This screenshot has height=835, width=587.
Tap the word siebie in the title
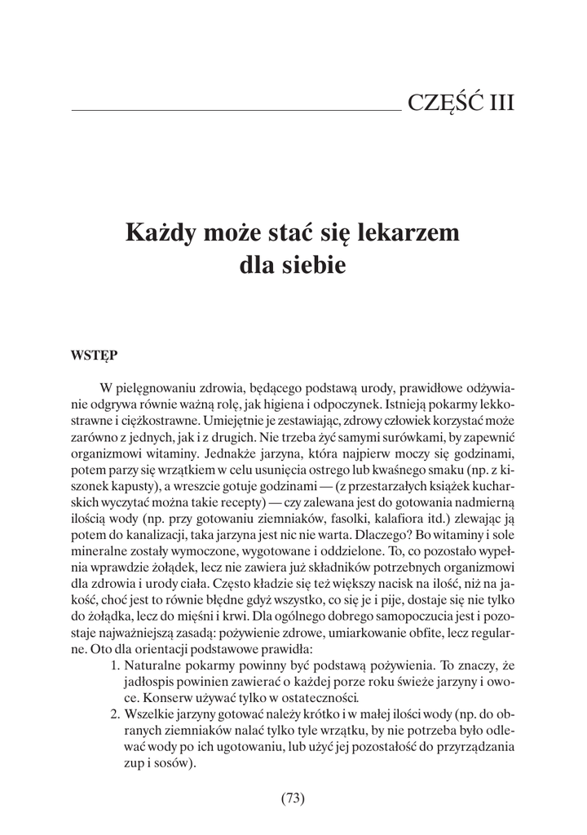coord(314,265)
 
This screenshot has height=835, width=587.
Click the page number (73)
coord(293,798)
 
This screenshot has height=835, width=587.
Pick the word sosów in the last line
coord(168,763)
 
